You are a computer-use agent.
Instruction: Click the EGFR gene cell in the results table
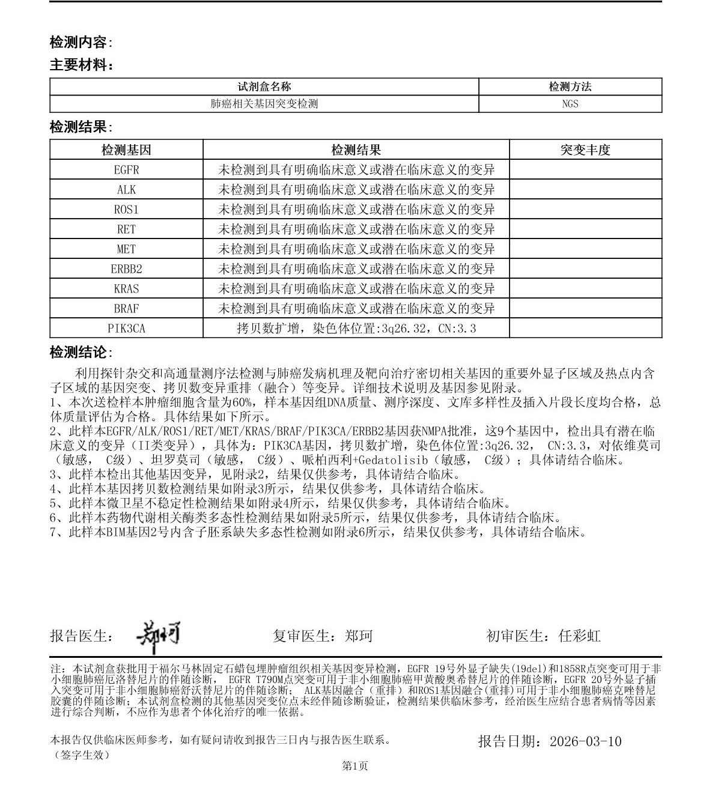(x=126, y=169)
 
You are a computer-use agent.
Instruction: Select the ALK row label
(x=126, y=190)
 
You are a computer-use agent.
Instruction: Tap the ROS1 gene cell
(x=126, y=210)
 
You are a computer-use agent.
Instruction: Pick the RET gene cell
(x=126, y=229)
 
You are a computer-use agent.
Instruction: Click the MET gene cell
(x=126, y=249)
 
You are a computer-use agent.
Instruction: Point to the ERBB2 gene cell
(x=126, y=269)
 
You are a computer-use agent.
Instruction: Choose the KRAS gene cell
(x=126, y=289)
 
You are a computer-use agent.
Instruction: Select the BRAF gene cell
(x=126, y=309)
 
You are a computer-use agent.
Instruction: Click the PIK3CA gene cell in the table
(x=126, y=329)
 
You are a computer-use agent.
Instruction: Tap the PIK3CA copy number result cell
(x=356, y=329)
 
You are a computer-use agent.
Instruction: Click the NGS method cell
(x=570, y=103)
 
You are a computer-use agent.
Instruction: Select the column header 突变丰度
(x=585, y=150)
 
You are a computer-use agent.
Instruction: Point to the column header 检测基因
(x=126, y=150)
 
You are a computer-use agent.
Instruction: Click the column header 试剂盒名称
(x=264, y=87)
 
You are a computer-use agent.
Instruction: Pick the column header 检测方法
(x=570, y=87)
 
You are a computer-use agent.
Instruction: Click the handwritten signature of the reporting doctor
(x=157, y=636)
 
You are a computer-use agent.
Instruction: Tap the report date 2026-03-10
(x=585, y=741)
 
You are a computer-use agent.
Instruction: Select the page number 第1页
(x=354, y=765)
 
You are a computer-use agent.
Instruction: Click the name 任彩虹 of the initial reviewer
(x=579, y=636)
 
